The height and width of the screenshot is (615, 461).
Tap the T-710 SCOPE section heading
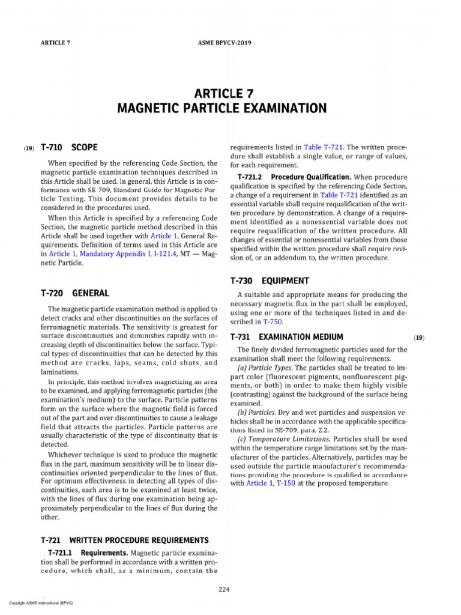[69, 147]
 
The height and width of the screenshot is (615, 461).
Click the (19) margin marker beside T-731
[418, 338]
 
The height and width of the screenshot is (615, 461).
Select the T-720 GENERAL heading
[74, 293]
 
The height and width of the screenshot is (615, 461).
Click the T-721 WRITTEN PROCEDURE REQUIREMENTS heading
[124, 540]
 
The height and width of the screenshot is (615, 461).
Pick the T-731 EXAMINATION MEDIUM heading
[286, 337]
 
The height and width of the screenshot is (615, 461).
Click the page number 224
[224, 589]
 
